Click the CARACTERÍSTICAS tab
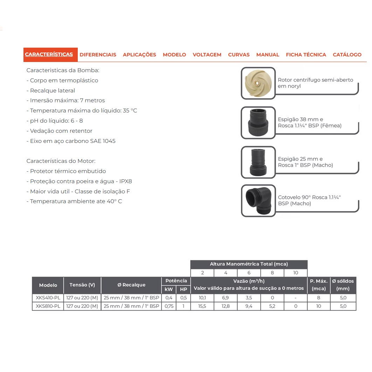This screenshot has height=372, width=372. tap(49, 55)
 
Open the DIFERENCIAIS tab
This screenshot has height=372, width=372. tap(98, 55)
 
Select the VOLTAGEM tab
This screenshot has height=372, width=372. tap(207, 55)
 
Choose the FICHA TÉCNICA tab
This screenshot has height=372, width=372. tap(306, 55)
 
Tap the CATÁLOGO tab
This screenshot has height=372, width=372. tap(347, 55)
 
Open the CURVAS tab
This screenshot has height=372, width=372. tap(239, 55)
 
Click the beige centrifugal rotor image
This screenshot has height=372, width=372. tap(258, 83)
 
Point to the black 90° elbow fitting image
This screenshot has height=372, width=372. tap(258, 201)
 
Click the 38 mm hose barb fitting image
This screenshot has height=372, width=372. tap(258, 123)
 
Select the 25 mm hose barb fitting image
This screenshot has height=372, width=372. tap(258, 162)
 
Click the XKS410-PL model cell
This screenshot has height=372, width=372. tap(48, 298)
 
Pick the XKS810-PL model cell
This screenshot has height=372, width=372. tap(48, 306)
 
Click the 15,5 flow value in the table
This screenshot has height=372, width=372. tap(202, 306)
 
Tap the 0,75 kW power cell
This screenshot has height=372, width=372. tap(169, 306)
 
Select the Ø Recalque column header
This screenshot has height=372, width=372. tap(131, 285)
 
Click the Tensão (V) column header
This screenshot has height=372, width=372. tap(82, 285)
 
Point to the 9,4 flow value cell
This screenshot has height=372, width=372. tap(249, 306)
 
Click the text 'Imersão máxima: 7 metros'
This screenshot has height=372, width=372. tap(66, 101)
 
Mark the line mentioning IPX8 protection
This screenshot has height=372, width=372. tap(79, 181)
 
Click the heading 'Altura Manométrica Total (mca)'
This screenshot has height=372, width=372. tap(249, 264)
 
